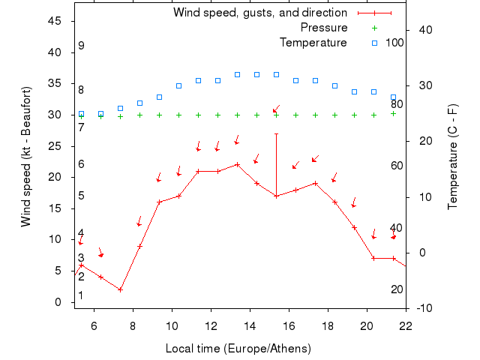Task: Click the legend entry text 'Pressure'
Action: pos(323,28)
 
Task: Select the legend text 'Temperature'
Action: pos(313,43)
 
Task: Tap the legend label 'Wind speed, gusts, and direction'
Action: pos(259,13)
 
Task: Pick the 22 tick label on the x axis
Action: pos(406,325)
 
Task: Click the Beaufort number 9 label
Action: pos(81,46)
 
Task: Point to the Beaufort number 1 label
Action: pos(81,295)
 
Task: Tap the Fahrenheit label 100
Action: pos(394,43)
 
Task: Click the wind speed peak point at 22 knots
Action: pos(237,164)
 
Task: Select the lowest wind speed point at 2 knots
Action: pos(120,289)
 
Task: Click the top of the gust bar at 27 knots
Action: pos(276,133)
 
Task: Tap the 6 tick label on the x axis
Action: pos(94,325)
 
